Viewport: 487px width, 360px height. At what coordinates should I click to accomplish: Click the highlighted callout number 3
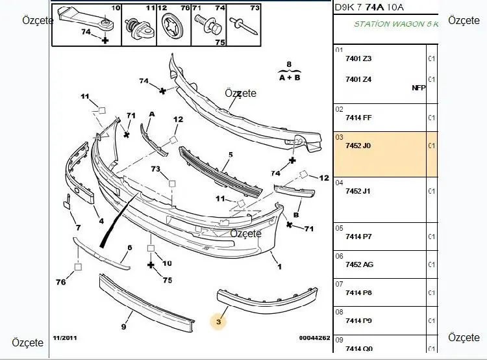219,321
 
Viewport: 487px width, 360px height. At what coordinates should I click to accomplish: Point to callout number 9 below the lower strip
123,327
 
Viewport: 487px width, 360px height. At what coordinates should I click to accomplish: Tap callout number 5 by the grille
230,155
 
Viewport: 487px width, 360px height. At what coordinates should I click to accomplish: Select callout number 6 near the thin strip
130,248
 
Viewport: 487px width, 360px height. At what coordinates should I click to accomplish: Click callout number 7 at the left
77,228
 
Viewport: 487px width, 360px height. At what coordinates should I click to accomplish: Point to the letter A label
151,114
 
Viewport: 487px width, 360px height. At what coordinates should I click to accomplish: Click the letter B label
297,214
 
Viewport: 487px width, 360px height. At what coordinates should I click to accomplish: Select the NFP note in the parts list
418,88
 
